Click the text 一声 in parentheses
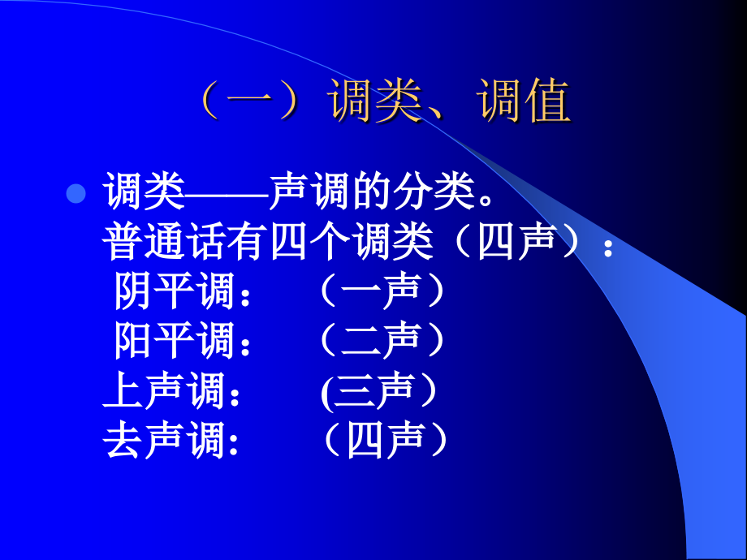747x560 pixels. coord(382,291)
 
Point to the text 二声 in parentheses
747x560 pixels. coord(382,342)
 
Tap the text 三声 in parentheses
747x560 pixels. coord(380,391)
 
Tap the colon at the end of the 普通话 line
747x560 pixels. coord(607,248)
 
